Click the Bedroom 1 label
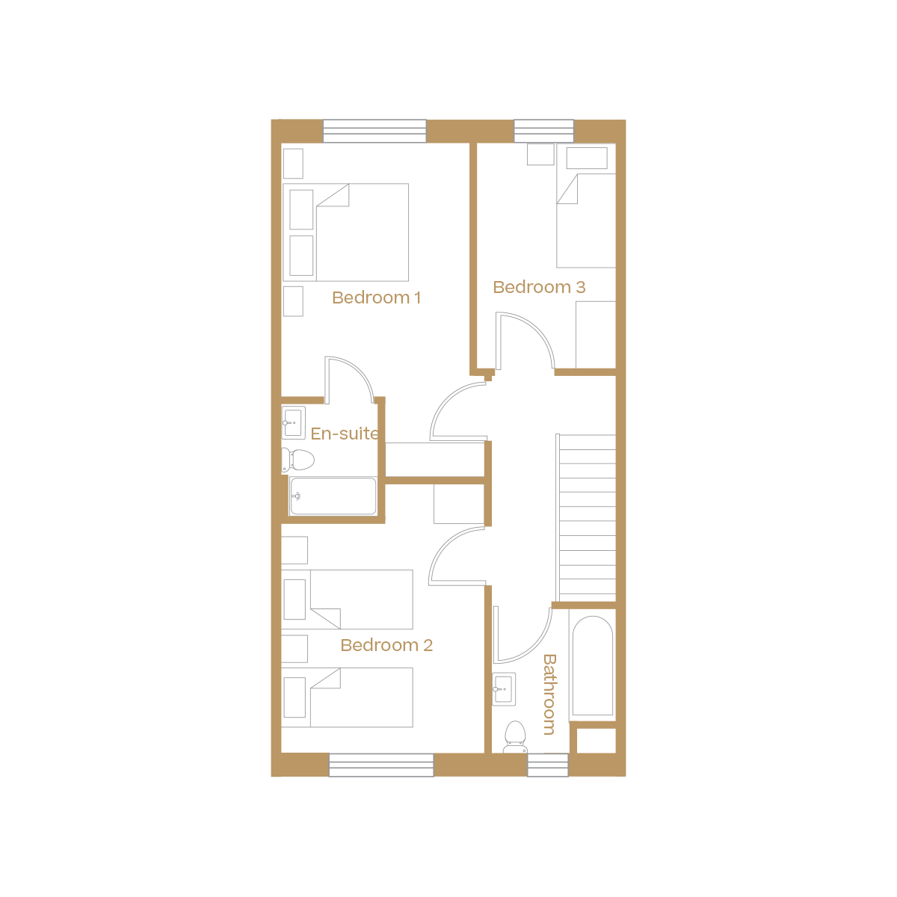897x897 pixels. (x=376, y=298)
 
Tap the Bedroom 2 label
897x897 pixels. (x=386, y=645)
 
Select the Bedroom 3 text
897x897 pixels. (x=539, y=287)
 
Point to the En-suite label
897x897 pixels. (x=344, y=434)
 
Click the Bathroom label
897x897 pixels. (x=549, y=694)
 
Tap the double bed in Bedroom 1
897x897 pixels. (x=363, y=232)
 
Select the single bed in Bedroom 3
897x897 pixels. (x=586, y=221)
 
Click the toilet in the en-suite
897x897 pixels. (x=298, y=459)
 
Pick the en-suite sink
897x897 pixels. (x=293, y=422)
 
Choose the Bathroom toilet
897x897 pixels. (x=515, y=736)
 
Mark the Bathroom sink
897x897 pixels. (x=504, y=688)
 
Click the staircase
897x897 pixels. (x=587, y=516)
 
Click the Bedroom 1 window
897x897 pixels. (x=374, y=131)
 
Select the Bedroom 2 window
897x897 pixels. (x=381, y=765)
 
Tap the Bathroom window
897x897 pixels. (x=548, y=765)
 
